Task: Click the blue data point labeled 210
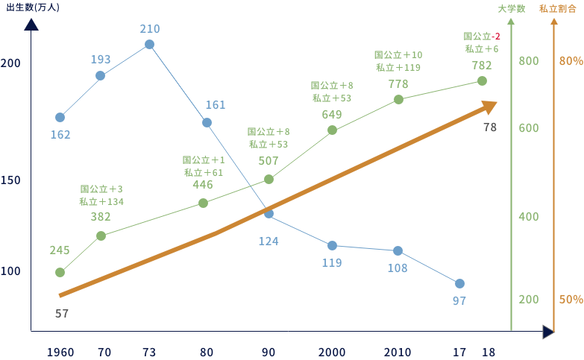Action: pos(149,44)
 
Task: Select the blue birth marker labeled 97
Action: pos(459,283)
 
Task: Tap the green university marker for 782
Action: pos(482,80)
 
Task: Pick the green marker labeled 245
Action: pos(60,272)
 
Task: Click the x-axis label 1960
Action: pos(60,351)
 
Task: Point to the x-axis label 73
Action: pos(149,351)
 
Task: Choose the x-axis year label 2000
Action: pos(332,351)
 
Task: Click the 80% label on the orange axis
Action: pos(571,60)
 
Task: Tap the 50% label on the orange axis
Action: pos(571,300)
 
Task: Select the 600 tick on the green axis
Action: pos(528,128)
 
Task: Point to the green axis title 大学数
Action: pos(512,9)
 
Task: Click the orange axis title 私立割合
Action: pos(553,9)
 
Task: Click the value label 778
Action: pos(398,83)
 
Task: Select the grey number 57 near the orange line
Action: pos(62,313)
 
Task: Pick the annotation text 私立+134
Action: pos(101,201)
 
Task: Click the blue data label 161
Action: pos(215,105)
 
